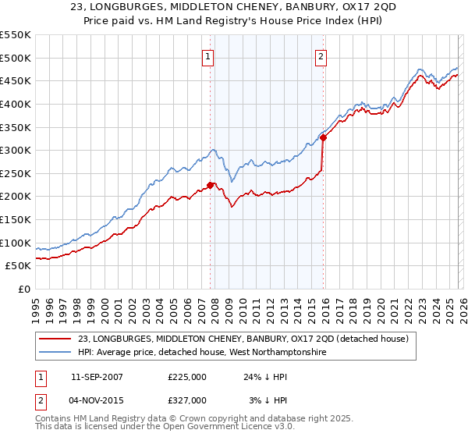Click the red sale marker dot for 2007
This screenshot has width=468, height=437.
(x=210, y=185)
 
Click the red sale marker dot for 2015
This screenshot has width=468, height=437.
(x=322, y=137)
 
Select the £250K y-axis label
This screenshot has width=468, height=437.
(x=16, y=173)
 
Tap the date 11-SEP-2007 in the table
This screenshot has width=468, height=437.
(x=97, y=377)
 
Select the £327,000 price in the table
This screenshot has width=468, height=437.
(x=187, y=400)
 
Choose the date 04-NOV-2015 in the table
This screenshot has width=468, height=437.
(x=97, y=400)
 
